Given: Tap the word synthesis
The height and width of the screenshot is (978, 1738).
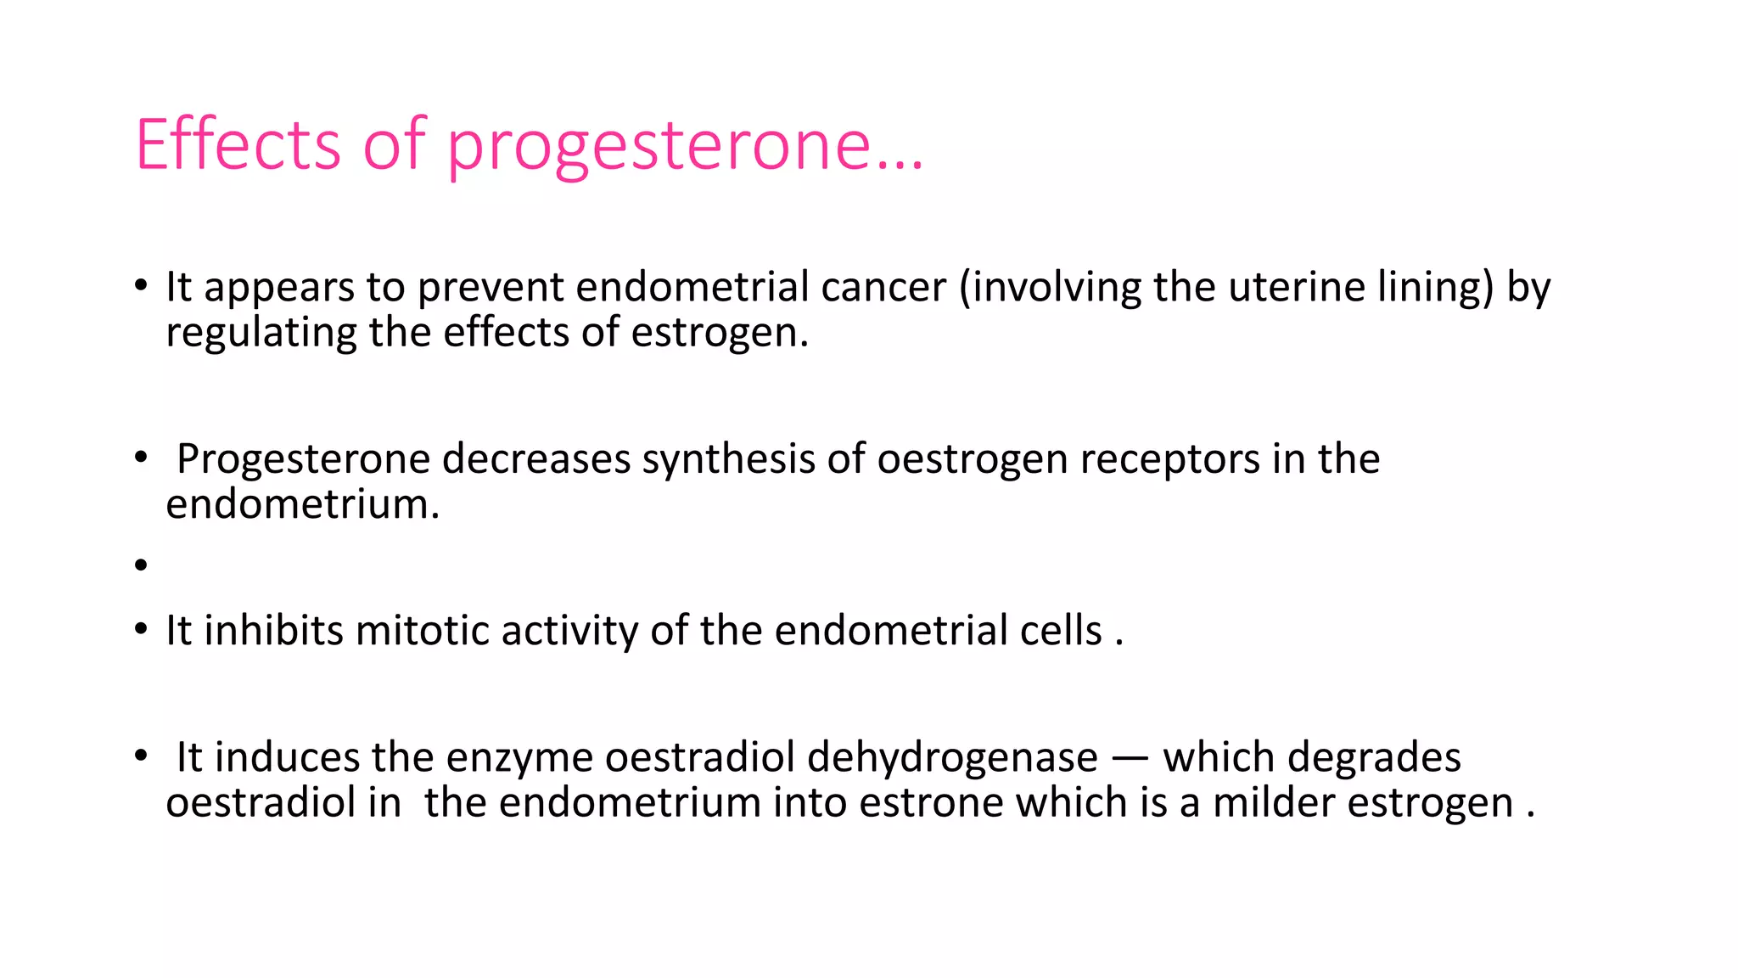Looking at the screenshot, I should [729, 459].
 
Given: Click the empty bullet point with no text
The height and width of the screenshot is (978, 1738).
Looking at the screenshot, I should [141, 565].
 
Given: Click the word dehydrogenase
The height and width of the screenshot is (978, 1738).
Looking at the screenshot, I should [952, 757].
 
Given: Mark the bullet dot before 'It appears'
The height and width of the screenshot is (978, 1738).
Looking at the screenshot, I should [141, 285].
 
